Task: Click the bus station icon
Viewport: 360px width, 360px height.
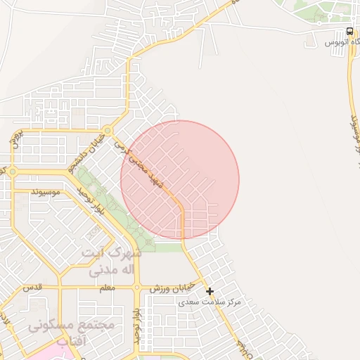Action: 349,31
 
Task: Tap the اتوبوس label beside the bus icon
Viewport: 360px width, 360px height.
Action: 338,43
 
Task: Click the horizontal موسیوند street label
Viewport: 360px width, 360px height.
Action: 46,191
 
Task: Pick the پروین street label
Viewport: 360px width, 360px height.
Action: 20,137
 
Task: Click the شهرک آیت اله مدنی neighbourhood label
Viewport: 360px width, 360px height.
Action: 111,261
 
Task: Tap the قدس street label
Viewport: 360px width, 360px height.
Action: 32,288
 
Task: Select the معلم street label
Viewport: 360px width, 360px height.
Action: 107,288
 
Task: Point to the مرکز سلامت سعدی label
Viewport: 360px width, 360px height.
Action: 209,302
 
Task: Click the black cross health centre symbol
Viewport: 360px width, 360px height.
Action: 210,290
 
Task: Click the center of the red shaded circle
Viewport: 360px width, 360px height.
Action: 180,179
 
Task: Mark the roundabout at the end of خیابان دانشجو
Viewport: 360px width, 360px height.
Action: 106,131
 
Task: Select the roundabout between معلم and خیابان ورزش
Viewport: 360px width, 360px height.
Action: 137,288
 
